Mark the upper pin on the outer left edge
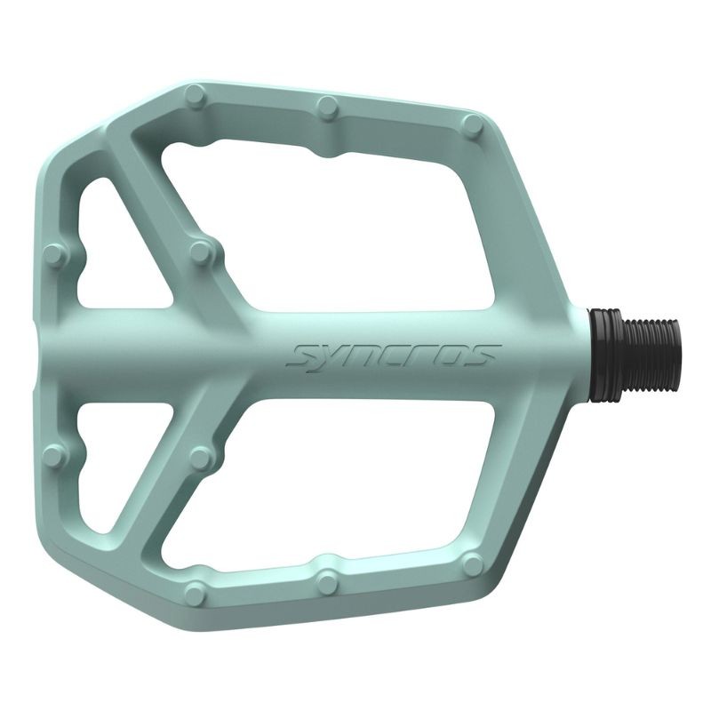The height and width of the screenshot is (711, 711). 55,257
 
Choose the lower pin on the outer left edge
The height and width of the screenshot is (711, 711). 55,456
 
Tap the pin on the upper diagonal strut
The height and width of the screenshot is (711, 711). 202,252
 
